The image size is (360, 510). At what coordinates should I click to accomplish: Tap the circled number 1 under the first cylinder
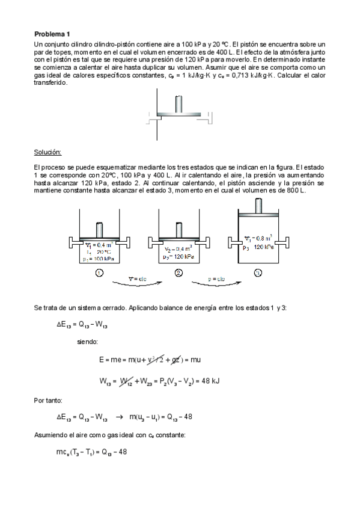98,272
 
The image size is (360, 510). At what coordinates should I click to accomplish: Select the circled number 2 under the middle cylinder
178,272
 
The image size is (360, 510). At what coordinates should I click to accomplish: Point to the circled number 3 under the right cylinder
258,272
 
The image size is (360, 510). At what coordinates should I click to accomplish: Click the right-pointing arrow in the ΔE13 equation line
119,416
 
